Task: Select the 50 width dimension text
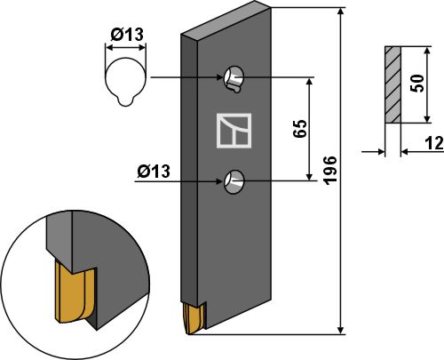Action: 415,84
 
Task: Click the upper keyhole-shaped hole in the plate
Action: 235,79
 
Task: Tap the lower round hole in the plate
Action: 235,180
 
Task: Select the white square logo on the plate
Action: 235,130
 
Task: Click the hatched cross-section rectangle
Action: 392,84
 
